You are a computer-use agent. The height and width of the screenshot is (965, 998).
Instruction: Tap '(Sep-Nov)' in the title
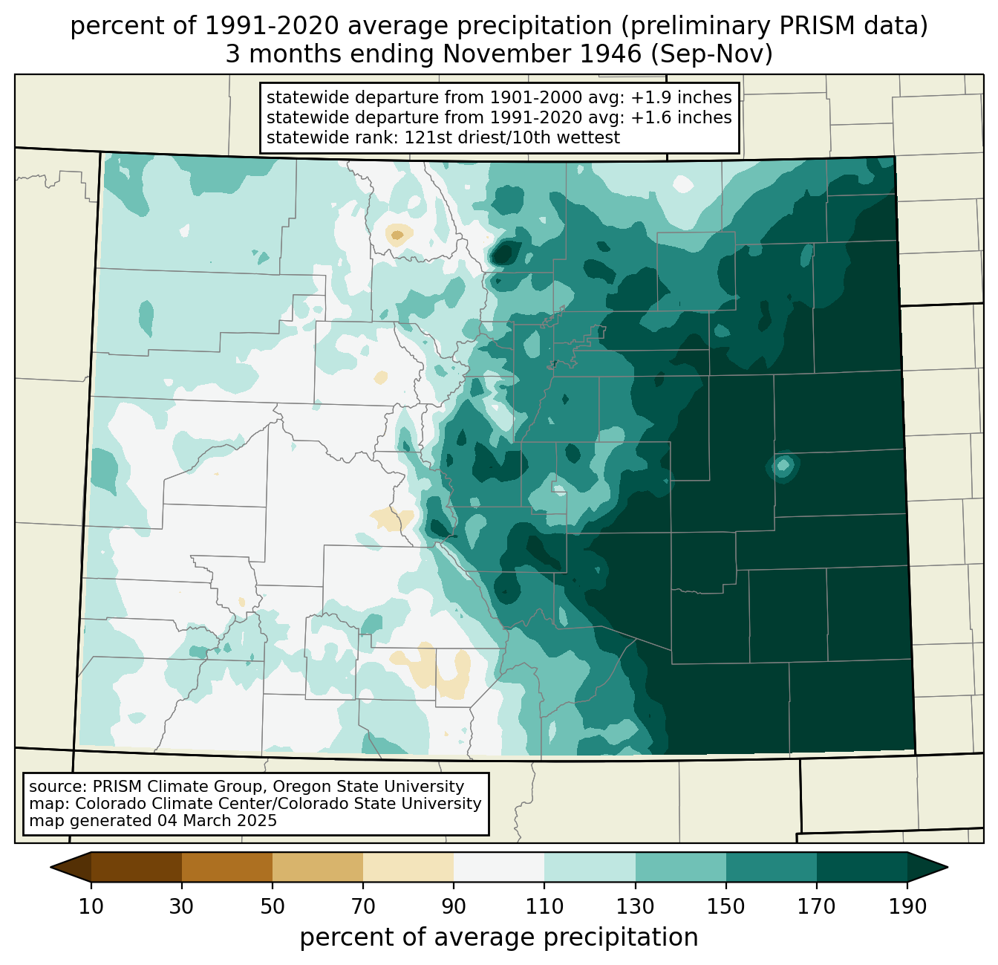tap(711, 54)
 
